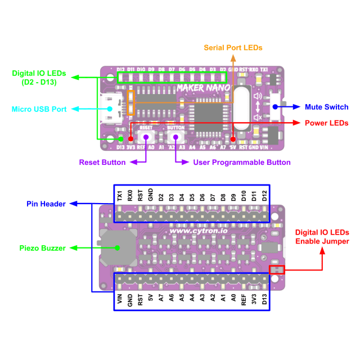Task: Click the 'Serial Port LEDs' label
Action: pyautogui.click(x=233, y=48)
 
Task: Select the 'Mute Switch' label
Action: pyautogui.click(x=326, y=107)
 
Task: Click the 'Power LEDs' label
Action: pyautogui.click(x=326, y=123)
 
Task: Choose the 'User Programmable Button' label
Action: pyautogui.click(x=242, y=162)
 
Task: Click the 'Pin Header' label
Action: pyautogui.click(x=46, y=203)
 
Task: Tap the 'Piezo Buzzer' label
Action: pyautogui.click(x=43, y=247)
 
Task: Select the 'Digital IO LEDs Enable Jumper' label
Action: pyautogui.click(x=322, y=237)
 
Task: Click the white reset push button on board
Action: pyautogui.click(x=146, y=137)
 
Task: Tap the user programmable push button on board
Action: pyautogui.click(x=175, y=137)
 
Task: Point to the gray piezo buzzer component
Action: pyautogui.click(x=118, y=247)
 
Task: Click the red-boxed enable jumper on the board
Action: pyautogui.click(x=277, y=270)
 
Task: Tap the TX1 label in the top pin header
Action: pyautogui.click(x=120, y=196)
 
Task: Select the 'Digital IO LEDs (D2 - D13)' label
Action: pyautogui.click(x=39, y=78)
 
